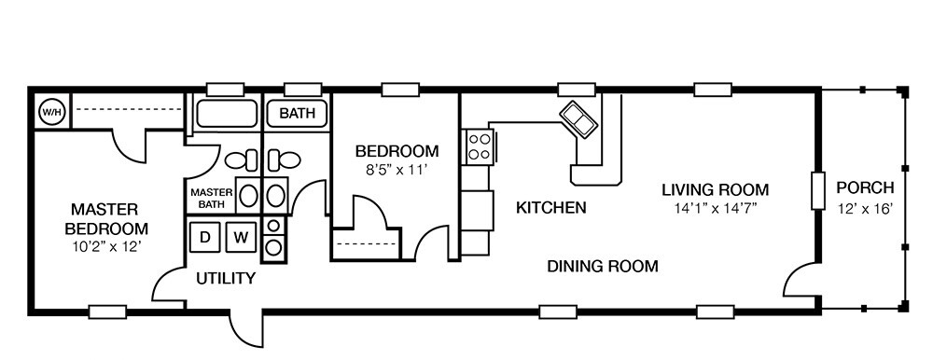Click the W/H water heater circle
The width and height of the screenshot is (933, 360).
pyautogui.click(x=49, y=112)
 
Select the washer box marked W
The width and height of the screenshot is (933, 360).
pyautogui.click(x=240, y=237)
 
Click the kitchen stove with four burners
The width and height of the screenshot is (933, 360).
pyautogui.click(x=480, y=145)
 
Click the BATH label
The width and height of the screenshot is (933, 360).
pyautogui.click(x=298, y=115)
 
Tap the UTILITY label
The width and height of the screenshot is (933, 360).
pyautogui.click(x=225, y=278)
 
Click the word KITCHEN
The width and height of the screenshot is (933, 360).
pyautogui.click(x=550, y=207)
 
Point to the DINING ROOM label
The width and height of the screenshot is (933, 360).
pyautogui.click(x=602, y=267)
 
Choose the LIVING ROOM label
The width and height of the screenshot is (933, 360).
pyautogui.click(x=715, y=189)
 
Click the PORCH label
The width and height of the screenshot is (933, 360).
pyautogui.click(x=865, y=187)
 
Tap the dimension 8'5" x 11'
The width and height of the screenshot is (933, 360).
pyautogui.click(x=397, y=170)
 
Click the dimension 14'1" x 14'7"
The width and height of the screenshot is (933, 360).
pyautogui.click(x=715, y=208)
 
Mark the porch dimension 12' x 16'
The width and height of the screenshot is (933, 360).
pyautogui.click(x=865, y=208)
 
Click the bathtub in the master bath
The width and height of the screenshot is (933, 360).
pyautogui.click(x=225, y=116)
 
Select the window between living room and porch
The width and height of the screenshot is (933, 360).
pyautogui.click(x=818, y=190)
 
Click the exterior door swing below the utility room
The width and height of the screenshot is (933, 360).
pyautogui.click(x=245, y=329)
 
